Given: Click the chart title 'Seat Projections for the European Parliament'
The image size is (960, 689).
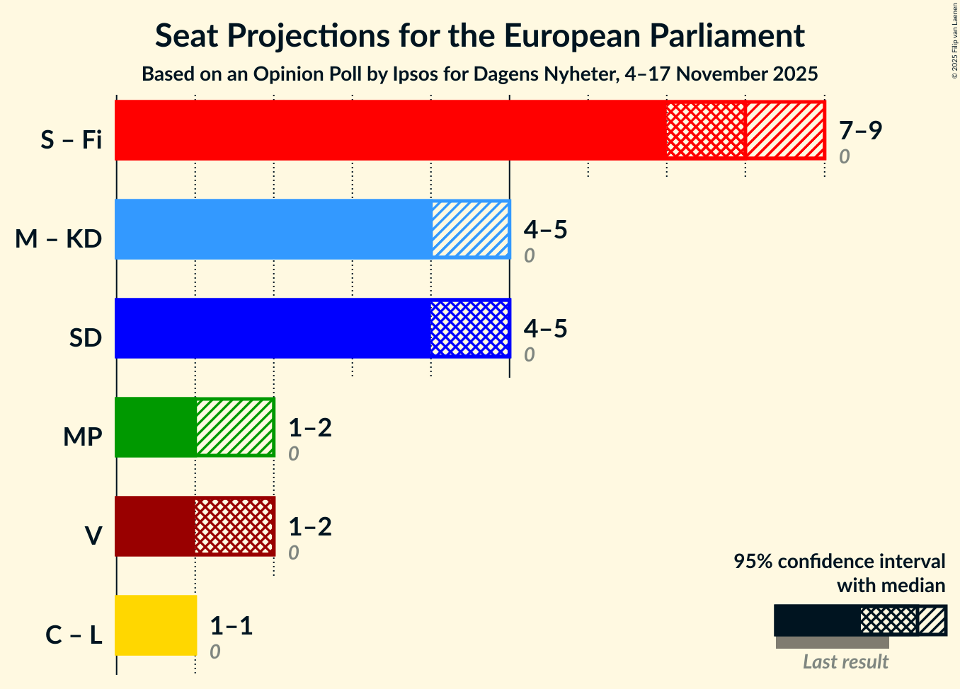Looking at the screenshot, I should pos(479,36).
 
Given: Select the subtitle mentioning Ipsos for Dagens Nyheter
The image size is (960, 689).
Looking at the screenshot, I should pos(479,74).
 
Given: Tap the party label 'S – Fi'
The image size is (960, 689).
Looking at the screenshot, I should pos(71,140).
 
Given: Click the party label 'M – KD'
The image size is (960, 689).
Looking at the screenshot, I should pos(59,239).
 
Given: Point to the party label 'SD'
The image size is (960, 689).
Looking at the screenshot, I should pos(86,338).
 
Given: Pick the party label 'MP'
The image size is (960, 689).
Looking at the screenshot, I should pos(82,437).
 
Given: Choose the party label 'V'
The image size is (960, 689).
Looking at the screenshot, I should pos(93,536).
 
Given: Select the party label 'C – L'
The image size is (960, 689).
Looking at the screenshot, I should pos(74,635).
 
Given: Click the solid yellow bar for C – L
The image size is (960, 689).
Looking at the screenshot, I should pos(156,625).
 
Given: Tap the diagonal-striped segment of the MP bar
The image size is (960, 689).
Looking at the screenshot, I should pos(235,427).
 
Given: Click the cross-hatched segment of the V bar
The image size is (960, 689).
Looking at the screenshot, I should pos(234,526).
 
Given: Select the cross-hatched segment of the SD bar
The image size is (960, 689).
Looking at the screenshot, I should pos(470,328).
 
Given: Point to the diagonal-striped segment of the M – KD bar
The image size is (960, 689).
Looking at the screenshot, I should pos(471,229).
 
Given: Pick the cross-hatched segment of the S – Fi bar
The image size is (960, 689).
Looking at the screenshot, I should pos(706,130).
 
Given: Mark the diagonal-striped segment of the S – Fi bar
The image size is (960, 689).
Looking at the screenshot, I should pos(785,130).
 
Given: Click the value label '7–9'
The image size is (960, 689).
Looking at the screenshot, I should pos(860,130).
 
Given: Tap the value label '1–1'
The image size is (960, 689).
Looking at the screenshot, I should pos(232,625).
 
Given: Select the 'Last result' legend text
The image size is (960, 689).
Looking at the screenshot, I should pos(845,662).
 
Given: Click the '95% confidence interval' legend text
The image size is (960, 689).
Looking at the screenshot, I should pos(839,562).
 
